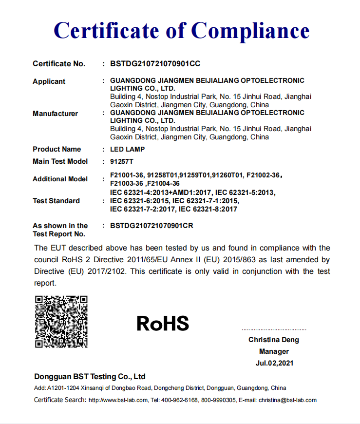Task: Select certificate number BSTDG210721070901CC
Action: [x=155, y=64]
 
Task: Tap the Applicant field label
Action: [x=49, y=81]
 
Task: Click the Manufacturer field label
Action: [x=55, y=114]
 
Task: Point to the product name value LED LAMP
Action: [x=127, y=149]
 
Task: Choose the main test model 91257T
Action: [x=121, y=161]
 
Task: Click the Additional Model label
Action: [x=60, y=179]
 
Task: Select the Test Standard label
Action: [x=56, y=201]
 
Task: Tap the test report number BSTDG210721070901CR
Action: [x=155, y=226]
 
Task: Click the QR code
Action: [x=61, y=322]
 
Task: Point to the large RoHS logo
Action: [x=162, y=323]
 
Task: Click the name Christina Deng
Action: [x=274, y=340]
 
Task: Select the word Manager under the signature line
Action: [x=274, y=351]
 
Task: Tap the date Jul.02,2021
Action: [x=274, y=363]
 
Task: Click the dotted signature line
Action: [x=274, y=330]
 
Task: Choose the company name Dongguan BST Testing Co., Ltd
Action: [x=90, y=377]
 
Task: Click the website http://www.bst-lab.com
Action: [x=118, y=400]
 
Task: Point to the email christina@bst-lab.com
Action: [x=287, y=400]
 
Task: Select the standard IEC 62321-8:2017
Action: [x=208, y=209]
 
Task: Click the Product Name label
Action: [x=57, y=149]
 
